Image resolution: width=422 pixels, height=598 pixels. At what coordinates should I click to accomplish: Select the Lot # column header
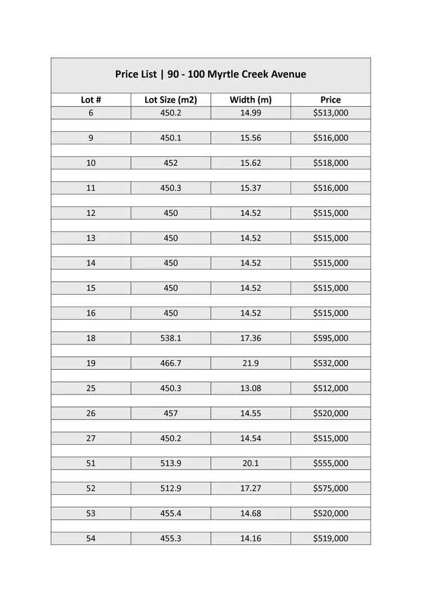point(91,100)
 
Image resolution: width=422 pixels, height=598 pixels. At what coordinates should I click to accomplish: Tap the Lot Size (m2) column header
point(170,100)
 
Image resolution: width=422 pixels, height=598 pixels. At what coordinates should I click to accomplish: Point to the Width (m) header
point(250,100)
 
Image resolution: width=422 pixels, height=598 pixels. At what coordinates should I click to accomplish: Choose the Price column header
point(330,100)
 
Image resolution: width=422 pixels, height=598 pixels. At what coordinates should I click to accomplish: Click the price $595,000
point(330,338)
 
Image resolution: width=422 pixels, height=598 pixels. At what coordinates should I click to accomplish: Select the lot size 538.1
point(170,338)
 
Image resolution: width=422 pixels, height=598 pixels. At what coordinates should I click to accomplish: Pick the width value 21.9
point(250,364)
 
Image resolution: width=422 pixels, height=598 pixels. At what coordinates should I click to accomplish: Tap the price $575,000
point(330,489)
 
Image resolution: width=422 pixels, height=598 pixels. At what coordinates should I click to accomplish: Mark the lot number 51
point(91,463)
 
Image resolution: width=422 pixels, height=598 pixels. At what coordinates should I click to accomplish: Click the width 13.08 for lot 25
point(250,388)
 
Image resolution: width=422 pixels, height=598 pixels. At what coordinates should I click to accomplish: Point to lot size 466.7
point(170,364)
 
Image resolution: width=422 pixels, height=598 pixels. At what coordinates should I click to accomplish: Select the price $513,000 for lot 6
point(330,113)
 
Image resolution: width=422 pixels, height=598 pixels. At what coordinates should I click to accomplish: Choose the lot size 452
point(170,163)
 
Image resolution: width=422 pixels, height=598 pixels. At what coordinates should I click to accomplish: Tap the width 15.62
point(250,163)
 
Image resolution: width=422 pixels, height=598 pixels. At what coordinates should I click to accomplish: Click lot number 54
point(91,539)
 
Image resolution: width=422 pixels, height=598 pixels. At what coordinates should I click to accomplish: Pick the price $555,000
point(330,463)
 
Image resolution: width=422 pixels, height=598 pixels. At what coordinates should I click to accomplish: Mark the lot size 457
point(170,413)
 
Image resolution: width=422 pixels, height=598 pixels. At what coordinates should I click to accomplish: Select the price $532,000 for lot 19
point(330,364)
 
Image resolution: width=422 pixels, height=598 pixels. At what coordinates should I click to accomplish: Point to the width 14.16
point(250,539)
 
